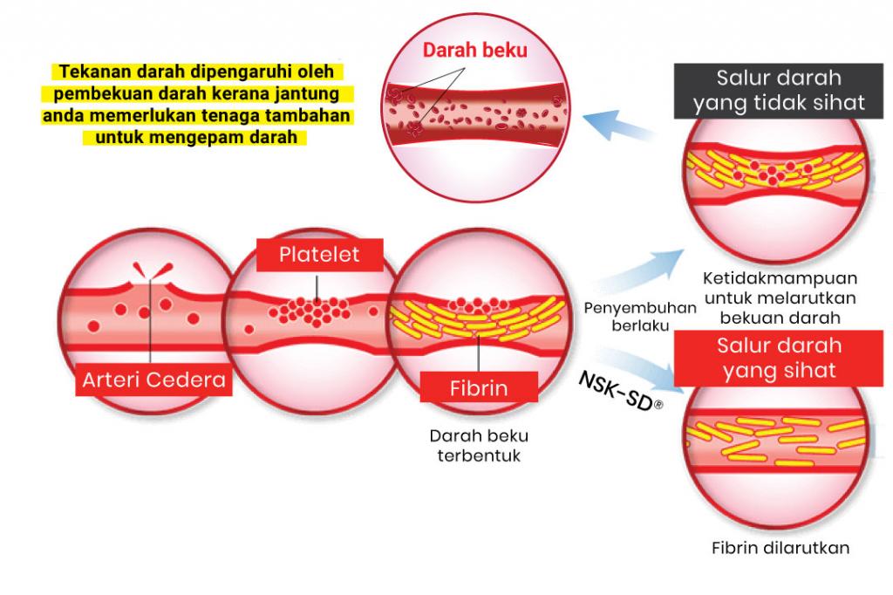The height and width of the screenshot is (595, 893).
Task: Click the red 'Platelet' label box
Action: tap(319, 256)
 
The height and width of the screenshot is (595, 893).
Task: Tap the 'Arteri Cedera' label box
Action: tap(153, 380)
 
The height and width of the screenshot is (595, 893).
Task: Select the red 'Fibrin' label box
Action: tap(479, 386)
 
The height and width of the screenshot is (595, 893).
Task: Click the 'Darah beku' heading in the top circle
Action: tap(475, 50)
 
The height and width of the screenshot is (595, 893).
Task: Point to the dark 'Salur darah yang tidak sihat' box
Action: tap(779, 90)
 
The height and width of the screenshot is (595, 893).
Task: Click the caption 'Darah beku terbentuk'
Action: tap(478, 445)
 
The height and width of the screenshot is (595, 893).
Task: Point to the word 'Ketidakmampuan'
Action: tap(779, 278)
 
